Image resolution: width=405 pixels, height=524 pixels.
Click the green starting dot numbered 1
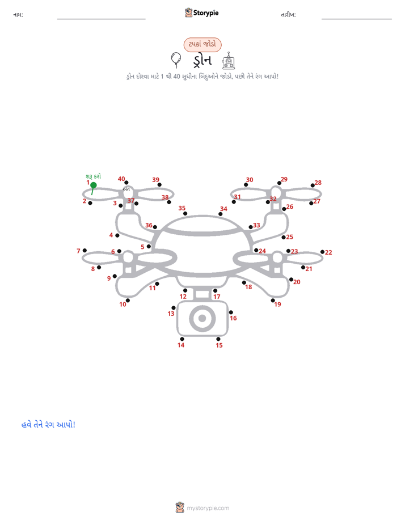[x=94, y=185]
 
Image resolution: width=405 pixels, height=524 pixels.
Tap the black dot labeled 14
[x=182, y=339]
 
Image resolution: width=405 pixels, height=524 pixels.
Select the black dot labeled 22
[x=322, y=252]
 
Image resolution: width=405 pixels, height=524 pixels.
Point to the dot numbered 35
[x=185, y=214]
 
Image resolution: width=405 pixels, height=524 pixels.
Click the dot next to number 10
[x=128, y=301]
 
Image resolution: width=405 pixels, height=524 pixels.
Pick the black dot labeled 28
[x=313, y=185]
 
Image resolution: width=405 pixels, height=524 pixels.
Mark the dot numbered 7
[x=85, y=250]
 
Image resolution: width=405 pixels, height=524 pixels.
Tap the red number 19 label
[x=278, y=305]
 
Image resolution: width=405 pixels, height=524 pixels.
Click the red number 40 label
[x=121, y=179]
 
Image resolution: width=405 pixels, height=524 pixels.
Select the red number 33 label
[x=256, y=225]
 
